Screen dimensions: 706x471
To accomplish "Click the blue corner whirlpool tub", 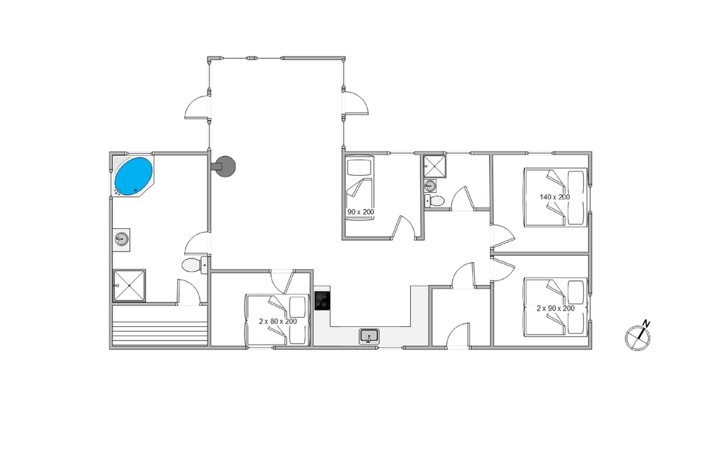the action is pos(133,176).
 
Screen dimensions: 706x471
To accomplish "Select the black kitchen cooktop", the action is pos(323,300).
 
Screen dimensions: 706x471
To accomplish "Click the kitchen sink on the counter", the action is pos(369,336).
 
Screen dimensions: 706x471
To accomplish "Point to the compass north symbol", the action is pos(638,335).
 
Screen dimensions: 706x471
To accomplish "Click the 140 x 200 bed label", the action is pos(555,197).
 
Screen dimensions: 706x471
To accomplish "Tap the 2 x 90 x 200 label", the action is pos(556,309).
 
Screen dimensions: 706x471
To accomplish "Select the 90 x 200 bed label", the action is pos(361,212).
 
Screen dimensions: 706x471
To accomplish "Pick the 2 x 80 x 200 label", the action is pos(277,321).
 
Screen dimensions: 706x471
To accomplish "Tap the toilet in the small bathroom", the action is pos(434,201).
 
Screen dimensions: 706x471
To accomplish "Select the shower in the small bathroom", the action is pos(434,166).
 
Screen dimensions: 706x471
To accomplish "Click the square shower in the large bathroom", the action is pos(129,285).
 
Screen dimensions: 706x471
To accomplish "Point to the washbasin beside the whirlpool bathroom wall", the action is pos(122,239).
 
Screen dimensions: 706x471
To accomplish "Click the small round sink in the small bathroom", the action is pos(431,185).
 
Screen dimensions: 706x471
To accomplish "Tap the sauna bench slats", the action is pos(160,333).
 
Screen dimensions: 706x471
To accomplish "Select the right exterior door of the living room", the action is pos(356,104).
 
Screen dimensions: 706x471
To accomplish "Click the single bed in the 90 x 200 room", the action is pos(360,188).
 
